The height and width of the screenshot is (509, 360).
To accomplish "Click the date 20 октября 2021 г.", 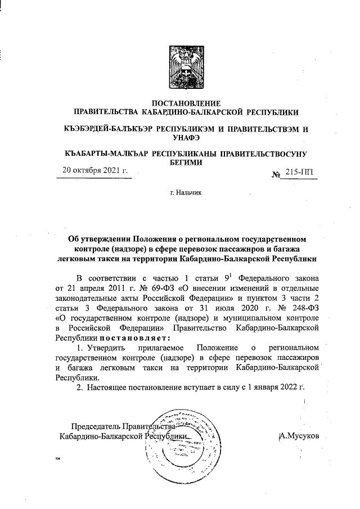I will tap(95, 170).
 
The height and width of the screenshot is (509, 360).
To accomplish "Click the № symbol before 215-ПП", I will tap(276, 175).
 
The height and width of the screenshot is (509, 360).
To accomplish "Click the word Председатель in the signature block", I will tap(93, 426).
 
